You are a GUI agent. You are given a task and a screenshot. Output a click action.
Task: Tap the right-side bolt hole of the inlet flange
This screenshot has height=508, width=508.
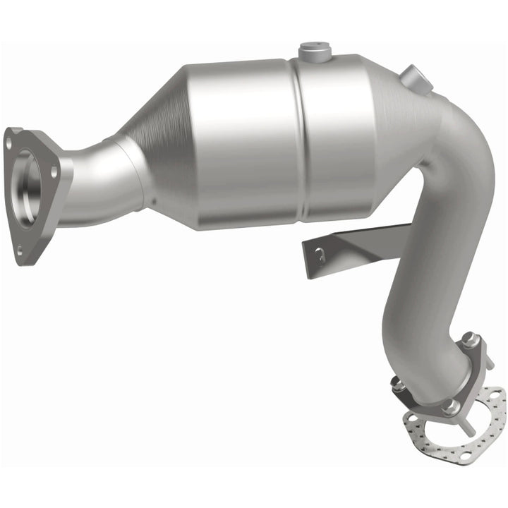click(54, 169)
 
